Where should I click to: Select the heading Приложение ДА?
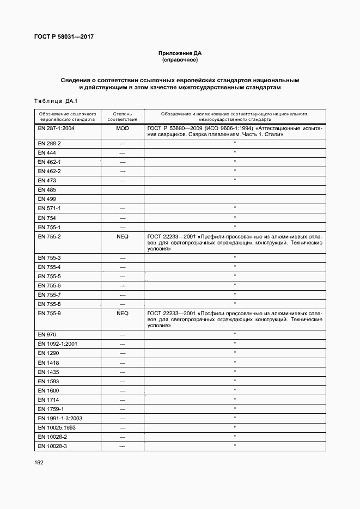180,53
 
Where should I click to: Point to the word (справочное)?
180,60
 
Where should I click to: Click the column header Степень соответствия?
122,116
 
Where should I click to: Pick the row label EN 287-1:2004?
56,128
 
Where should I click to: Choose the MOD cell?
122,128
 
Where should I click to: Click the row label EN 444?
46,152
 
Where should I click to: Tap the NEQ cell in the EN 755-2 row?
122,237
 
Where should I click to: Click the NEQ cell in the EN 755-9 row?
122,314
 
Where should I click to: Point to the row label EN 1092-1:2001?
58,344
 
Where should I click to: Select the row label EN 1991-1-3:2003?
60,418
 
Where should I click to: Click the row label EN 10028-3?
52,446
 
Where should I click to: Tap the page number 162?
39,462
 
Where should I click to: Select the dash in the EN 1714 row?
122,400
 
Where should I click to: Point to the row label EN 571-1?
50,208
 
